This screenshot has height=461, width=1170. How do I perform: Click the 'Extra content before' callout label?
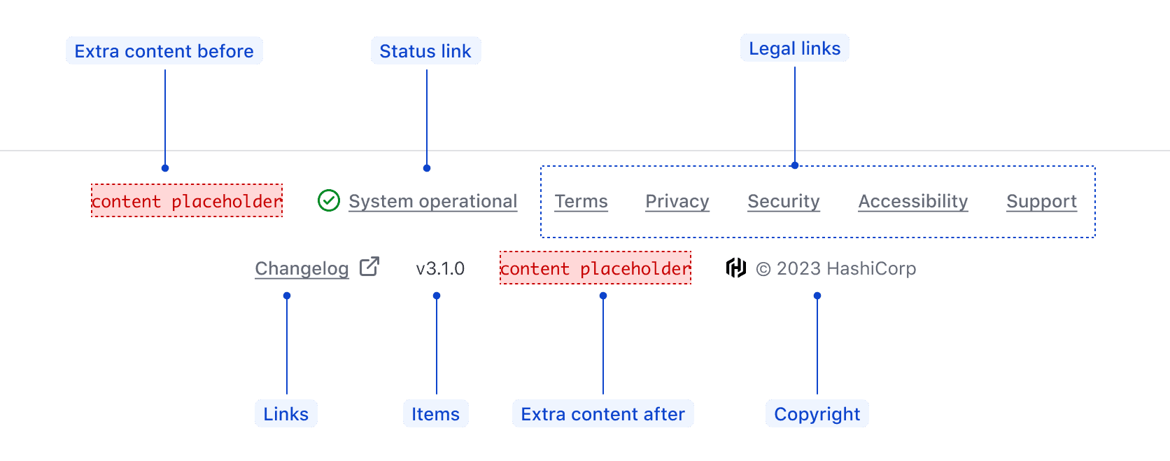point(164,51)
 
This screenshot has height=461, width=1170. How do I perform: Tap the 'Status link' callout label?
point(425,51)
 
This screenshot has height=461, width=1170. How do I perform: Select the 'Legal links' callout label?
point(794,48)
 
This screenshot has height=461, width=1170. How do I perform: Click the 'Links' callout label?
point(286,414)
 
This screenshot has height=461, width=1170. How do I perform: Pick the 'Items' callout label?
point(435,414)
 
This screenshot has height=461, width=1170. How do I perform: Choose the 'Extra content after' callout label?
point(602,414)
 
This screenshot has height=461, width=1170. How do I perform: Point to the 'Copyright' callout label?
point(817,414)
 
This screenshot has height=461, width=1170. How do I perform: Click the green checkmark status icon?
point(329,201)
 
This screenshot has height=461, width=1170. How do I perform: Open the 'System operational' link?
point(433,202)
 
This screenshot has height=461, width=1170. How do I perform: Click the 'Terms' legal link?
point(581,202)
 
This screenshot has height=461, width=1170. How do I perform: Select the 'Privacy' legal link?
point(677,202)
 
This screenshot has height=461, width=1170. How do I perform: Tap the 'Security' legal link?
point(783,202)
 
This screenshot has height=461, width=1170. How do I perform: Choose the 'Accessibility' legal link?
point(912,202)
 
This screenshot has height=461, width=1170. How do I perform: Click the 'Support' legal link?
point(1041,202)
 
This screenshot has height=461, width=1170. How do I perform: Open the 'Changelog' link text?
point(302,268)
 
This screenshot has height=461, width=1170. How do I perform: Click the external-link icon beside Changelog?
point(369,267)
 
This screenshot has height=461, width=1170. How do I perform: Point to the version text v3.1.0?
point(440,268)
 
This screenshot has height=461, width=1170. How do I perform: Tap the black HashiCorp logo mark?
point(736,268)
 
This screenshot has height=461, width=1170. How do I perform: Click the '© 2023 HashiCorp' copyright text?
point(836,268)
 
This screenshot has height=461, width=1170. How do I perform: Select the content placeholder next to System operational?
point(187,201)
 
